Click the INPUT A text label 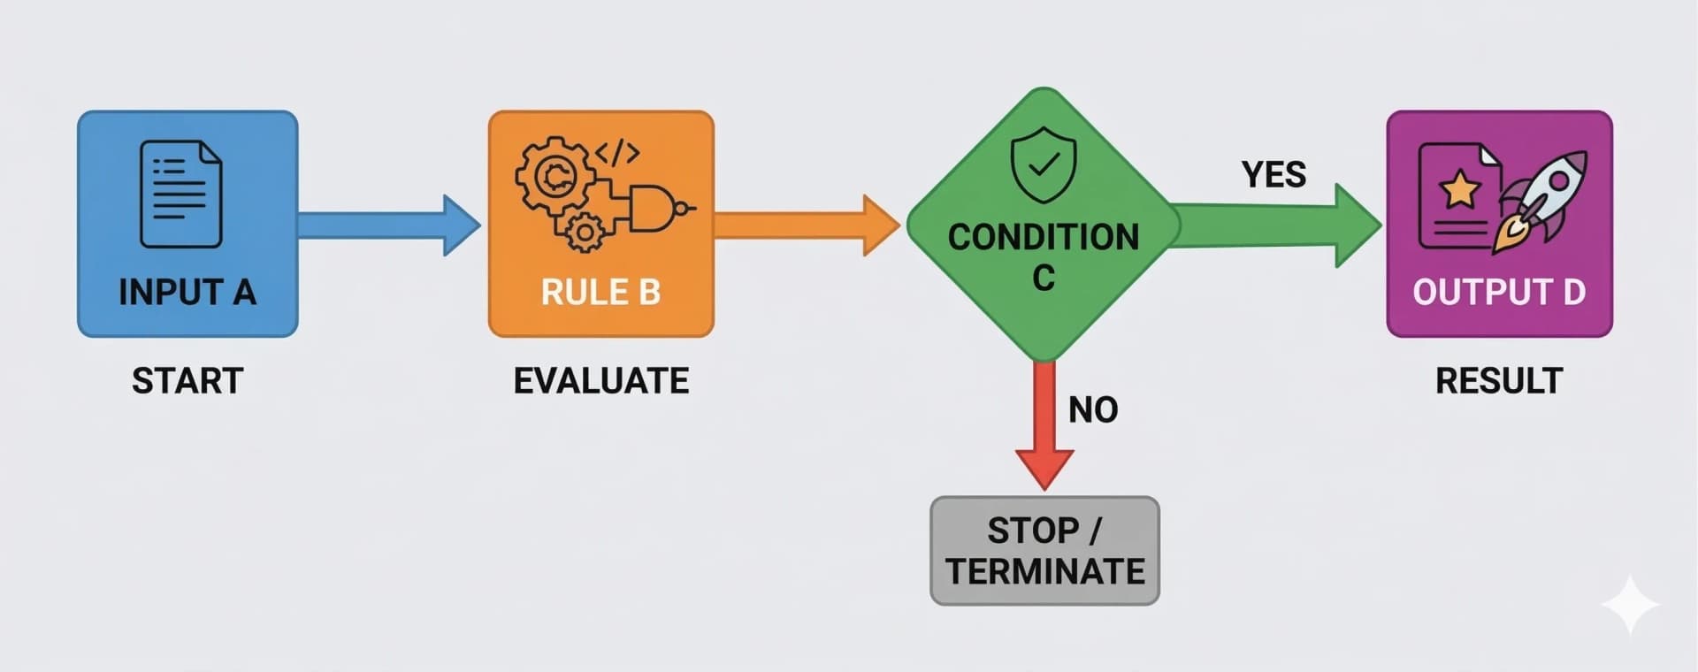click(x=187, y=293)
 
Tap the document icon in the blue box click(x=181, y=194)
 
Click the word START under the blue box click(x=187, y=381)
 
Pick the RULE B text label click(x=600, y=293)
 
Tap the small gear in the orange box click(x=584, y=233)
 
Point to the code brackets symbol click(x=616, y=153)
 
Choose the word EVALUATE click(x=601, y=381)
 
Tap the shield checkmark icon click(x=1044, y=164)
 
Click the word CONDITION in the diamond click(x=1044, y=237)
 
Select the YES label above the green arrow click(x=1273, y=175)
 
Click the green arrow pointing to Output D click(x=1273, y=225)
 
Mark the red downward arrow click(x=1044, y=424)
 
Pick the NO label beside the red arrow click(x=1093, y=410)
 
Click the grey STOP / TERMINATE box click(x=1044, y=551)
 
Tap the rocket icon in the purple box click(x=1543, y=199)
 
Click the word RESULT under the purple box click(x=1499, y=381)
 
